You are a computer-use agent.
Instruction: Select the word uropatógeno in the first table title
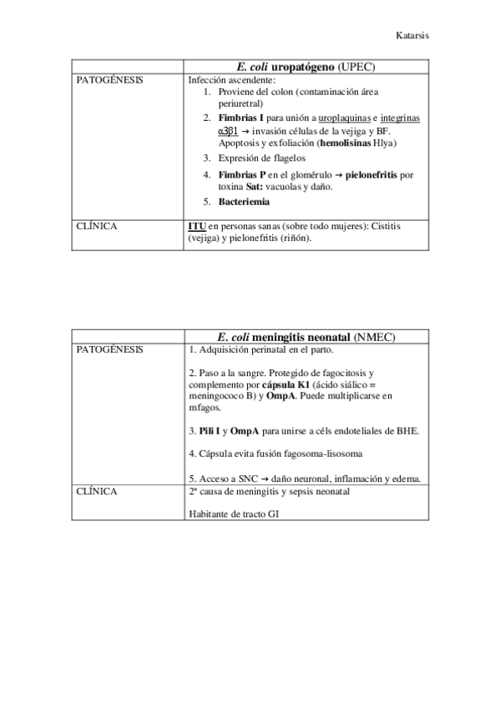click(x=310, y=66)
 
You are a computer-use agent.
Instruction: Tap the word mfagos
click(x=205, y=409)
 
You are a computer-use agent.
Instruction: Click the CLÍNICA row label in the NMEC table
click(x=96, y=491)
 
